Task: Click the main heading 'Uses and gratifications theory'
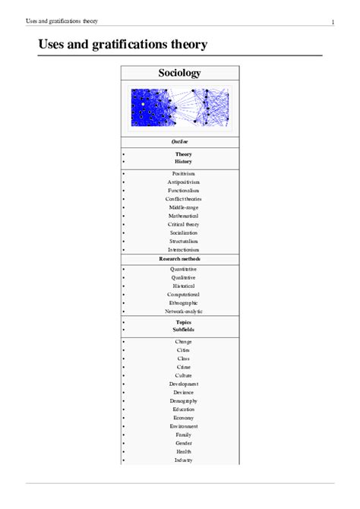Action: pos(122,46)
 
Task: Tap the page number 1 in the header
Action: pos(333,21)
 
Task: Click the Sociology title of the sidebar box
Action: pos(180,74)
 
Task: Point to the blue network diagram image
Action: pos(180,107)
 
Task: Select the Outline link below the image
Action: pos(180,142)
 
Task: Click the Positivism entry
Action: pos(184,174)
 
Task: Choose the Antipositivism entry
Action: pos(184,182)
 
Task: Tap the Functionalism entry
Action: pos(184,191)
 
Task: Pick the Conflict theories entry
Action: pos(184,199)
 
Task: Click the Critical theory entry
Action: pos(184,224)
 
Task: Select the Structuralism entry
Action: pos(184,242)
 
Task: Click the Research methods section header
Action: pos(180,259)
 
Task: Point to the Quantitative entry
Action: pos(184,269)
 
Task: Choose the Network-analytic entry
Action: pos(184,311)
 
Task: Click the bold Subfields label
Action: pos(184,330)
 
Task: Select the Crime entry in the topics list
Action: pos(184,367)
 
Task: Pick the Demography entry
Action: pos(184,401)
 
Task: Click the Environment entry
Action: pos(184,426)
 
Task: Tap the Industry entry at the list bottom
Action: pos(184,460)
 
